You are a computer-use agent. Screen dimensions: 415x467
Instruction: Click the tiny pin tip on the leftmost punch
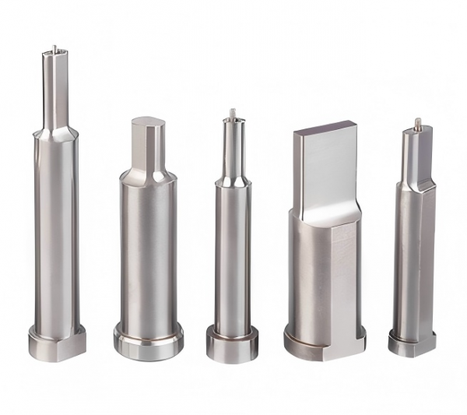click(x=54, y=48)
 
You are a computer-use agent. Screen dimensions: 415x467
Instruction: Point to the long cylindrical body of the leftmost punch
click(x=55, y=234)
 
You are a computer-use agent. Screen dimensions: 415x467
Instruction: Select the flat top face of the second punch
click(x=148, y=122)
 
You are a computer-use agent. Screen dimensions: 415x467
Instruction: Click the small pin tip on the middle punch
click(x=233, y=114)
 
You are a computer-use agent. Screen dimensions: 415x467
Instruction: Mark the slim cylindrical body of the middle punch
click(x=232, y=257)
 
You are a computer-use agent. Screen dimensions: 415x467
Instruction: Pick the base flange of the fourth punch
click(x=322, y=343)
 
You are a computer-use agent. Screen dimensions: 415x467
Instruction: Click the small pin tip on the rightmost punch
click(x=418, y=122)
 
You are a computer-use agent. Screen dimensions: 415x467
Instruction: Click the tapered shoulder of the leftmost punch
click(x=54, y=131)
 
